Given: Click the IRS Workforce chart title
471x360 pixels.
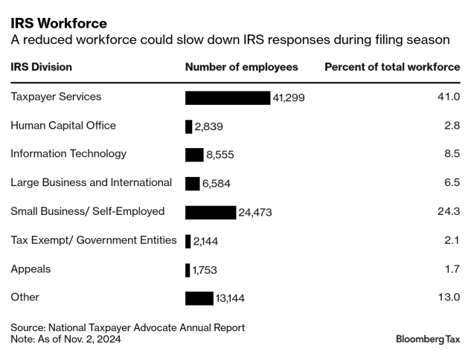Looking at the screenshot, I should click(58, 23).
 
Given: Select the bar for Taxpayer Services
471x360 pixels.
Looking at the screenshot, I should click(227, 97).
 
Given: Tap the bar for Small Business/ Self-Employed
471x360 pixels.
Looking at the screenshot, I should click(210, 212).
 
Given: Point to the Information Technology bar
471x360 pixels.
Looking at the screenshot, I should click(194, 155).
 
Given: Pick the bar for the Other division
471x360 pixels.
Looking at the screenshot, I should click(199, 298).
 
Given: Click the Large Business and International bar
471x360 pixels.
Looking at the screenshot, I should click(192, 183).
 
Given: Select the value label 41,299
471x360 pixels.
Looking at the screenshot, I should click(289, 97).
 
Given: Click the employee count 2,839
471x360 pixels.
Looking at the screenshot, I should click(208, 126).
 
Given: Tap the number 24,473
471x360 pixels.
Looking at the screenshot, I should click(255, 212).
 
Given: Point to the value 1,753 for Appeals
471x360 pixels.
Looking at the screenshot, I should click(205, 270).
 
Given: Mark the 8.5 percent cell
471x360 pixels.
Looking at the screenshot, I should click(452, 154).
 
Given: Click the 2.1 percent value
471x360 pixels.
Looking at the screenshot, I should click(452, 240).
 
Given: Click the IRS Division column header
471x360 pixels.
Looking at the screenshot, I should click(41, 67).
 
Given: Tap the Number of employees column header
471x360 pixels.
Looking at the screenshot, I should click(241, 67).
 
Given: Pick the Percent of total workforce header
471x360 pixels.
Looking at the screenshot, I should click(392, 67).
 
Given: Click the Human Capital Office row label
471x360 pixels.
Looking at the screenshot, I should click(63, 125).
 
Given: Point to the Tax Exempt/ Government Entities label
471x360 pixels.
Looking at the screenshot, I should click(94, 240).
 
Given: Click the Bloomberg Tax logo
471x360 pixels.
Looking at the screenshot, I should click(428, 339).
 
